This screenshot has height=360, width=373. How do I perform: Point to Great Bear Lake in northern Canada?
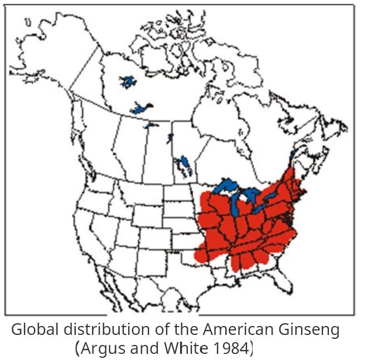(x=128, y=82)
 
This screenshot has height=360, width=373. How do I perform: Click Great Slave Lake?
(x=142, y=107)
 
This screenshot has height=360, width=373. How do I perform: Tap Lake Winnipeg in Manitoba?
(x=183, y=163)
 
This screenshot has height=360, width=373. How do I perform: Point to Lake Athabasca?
(x=151, y=125)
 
